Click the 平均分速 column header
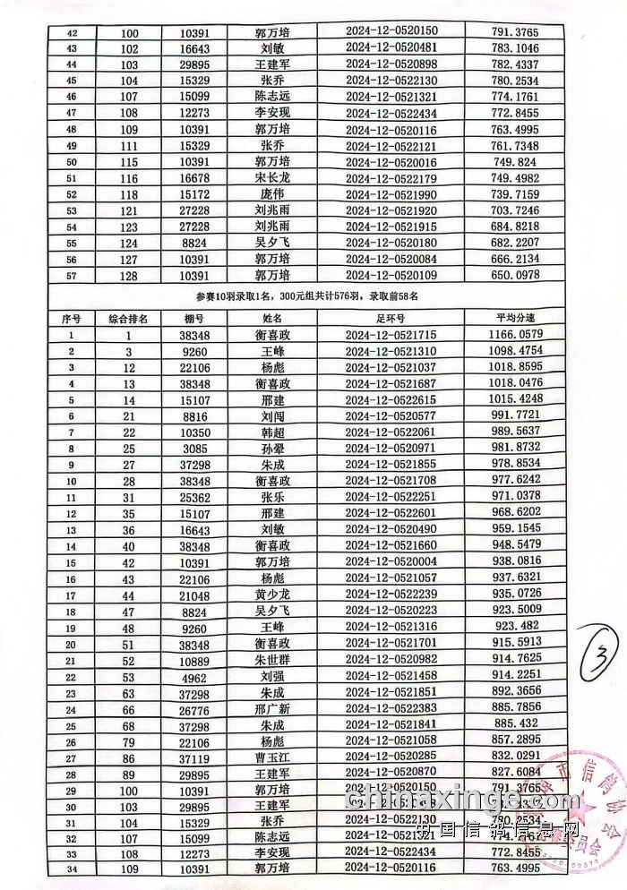(514, 317)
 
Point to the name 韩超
(272, 430)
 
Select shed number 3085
(194, 446)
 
